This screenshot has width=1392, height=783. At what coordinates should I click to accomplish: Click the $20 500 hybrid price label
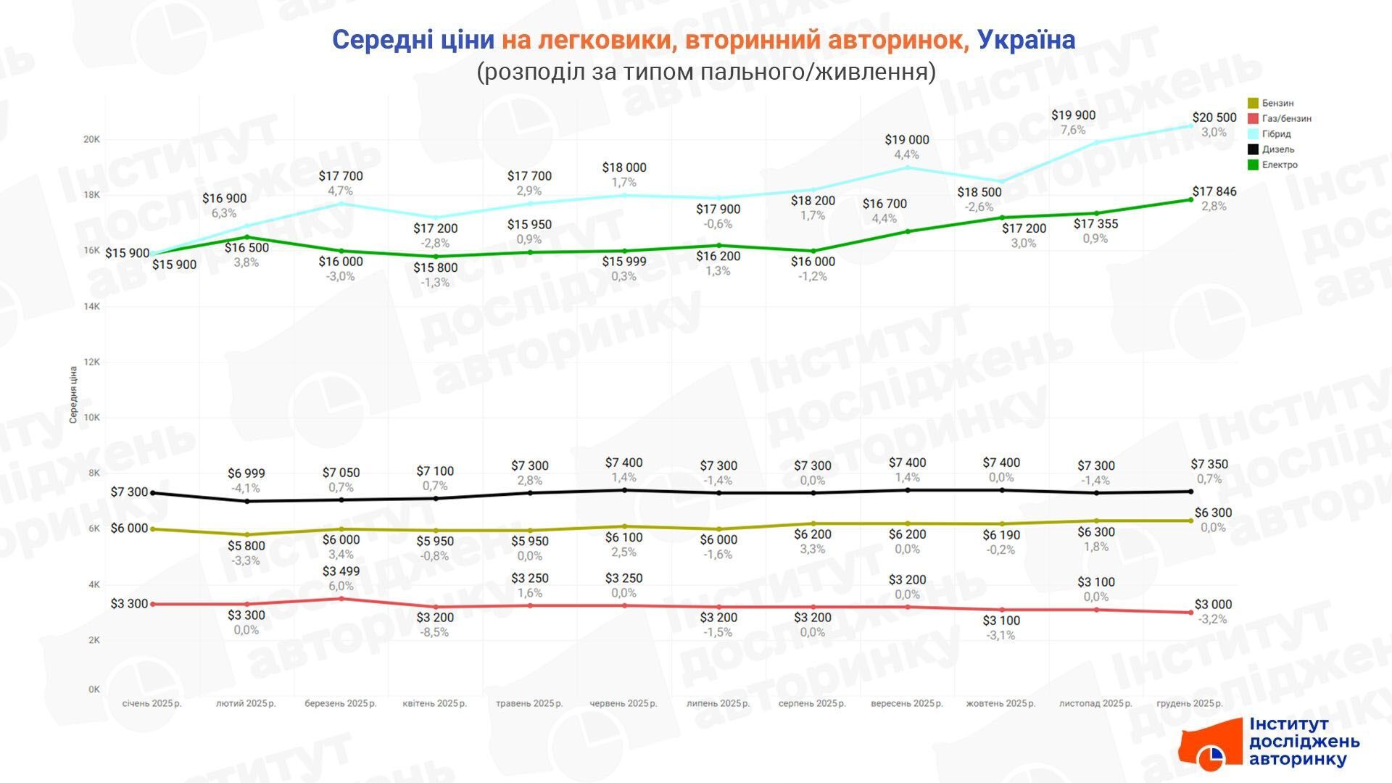click(1214, 117)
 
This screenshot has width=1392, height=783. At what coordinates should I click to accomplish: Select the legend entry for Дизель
click(1277, 149)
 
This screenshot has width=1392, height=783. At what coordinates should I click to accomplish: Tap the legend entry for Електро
click(1279, 165)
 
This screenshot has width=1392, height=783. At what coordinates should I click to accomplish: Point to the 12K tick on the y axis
click(91, 362)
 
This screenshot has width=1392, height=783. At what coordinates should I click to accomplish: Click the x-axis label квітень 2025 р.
click(434, 703)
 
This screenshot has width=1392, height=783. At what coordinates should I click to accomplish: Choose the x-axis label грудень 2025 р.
click(1189, 703)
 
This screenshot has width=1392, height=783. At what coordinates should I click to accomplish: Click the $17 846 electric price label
click(1214, 191)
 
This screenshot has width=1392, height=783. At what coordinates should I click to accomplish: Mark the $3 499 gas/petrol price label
click(341, 571)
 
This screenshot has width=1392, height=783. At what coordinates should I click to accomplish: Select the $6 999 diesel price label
click(246, 473)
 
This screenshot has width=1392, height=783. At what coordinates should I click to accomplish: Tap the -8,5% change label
click(435, 632)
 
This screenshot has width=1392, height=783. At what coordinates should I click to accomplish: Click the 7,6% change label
click(1073, 130)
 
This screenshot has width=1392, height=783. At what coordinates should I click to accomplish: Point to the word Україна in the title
click(1026, 40)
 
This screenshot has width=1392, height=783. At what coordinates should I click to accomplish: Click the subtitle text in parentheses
click(705, 72)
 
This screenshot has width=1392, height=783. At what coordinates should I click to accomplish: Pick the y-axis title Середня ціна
click(73, 395)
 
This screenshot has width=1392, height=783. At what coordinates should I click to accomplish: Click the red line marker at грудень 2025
click(1190, 613)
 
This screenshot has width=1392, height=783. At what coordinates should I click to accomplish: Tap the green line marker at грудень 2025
click(1190, 199)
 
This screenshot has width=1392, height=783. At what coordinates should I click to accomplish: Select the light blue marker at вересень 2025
click(907, 167)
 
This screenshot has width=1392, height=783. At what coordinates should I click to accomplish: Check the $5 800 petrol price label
click(246, 546)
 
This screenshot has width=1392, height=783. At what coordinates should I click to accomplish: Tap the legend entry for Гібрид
click(1276, 134)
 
